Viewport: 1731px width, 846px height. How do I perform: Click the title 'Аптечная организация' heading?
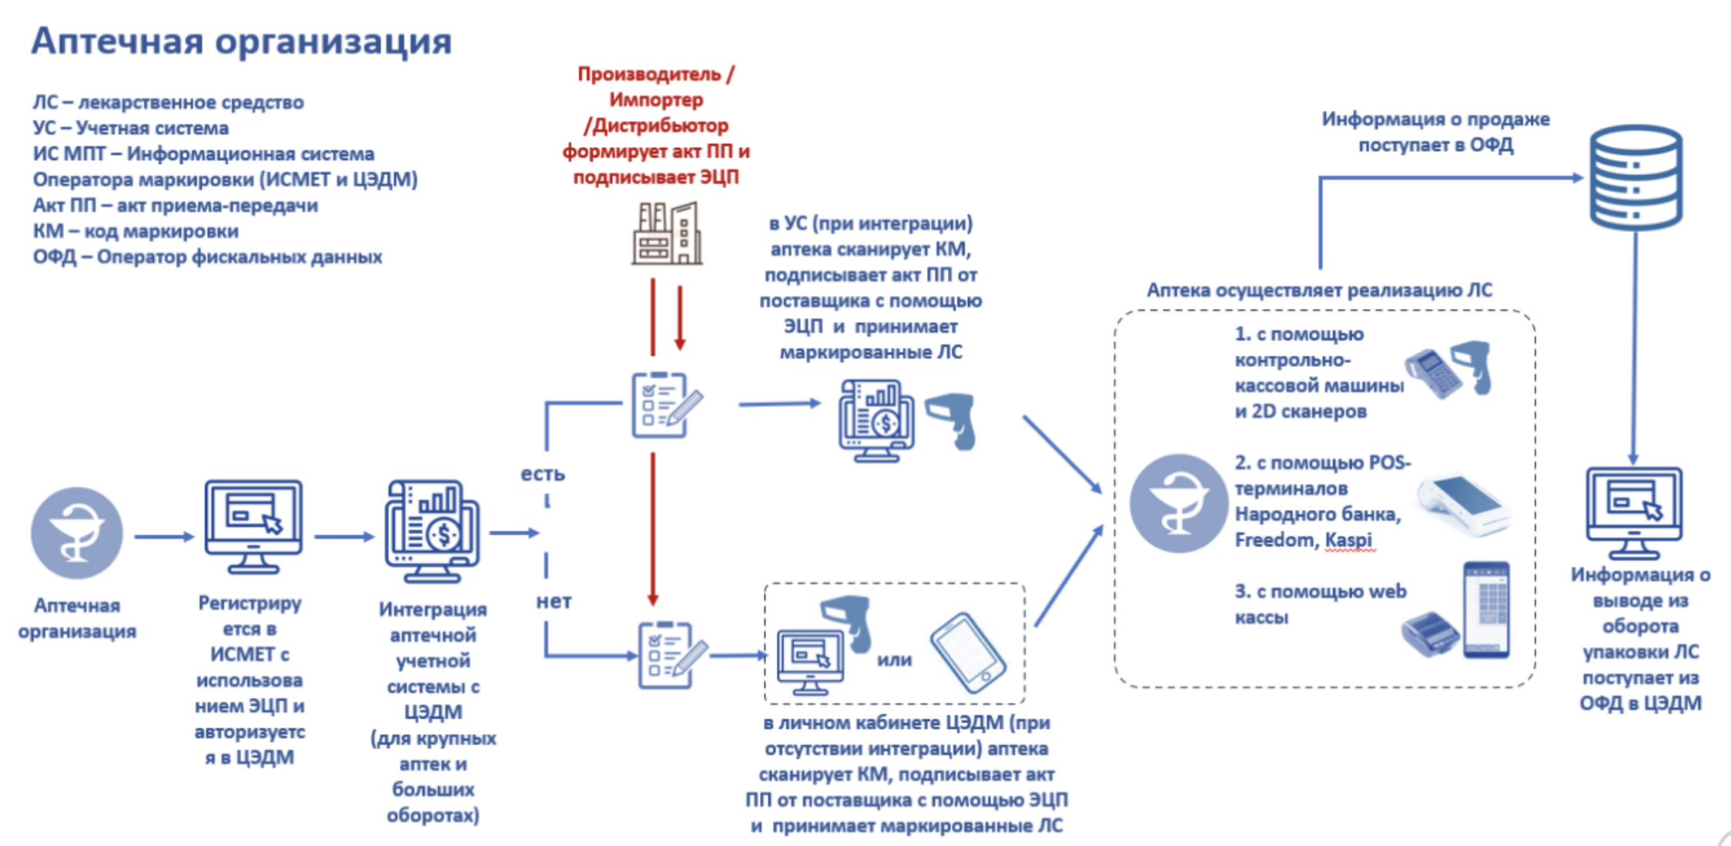241,41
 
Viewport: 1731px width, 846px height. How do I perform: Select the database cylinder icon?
1636,177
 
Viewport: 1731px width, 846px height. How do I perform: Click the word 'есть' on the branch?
543,474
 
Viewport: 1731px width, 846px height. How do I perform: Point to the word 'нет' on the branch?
554,601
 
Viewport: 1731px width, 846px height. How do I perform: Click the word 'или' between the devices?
894,660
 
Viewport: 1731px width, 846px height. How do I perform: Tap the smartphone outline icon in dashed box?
967,653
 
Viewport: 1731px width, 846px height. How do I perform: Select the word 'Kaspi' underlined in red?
1348,540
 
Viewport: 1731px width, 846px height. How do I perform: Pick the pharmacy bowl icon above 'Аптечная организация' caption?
77,533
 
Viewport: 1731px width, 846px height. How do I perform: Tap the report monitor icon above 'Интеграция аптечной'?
433,530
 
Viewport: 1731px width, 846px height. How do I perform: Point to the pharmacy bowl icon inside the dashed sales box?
1178,503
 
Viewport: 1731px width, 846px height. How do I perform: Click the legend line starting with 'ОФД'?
207,257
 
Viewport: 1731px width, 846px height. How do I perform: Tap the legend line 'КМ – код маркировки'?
136,231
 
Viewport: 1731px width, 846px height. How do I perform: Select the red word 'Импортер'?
656,100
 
